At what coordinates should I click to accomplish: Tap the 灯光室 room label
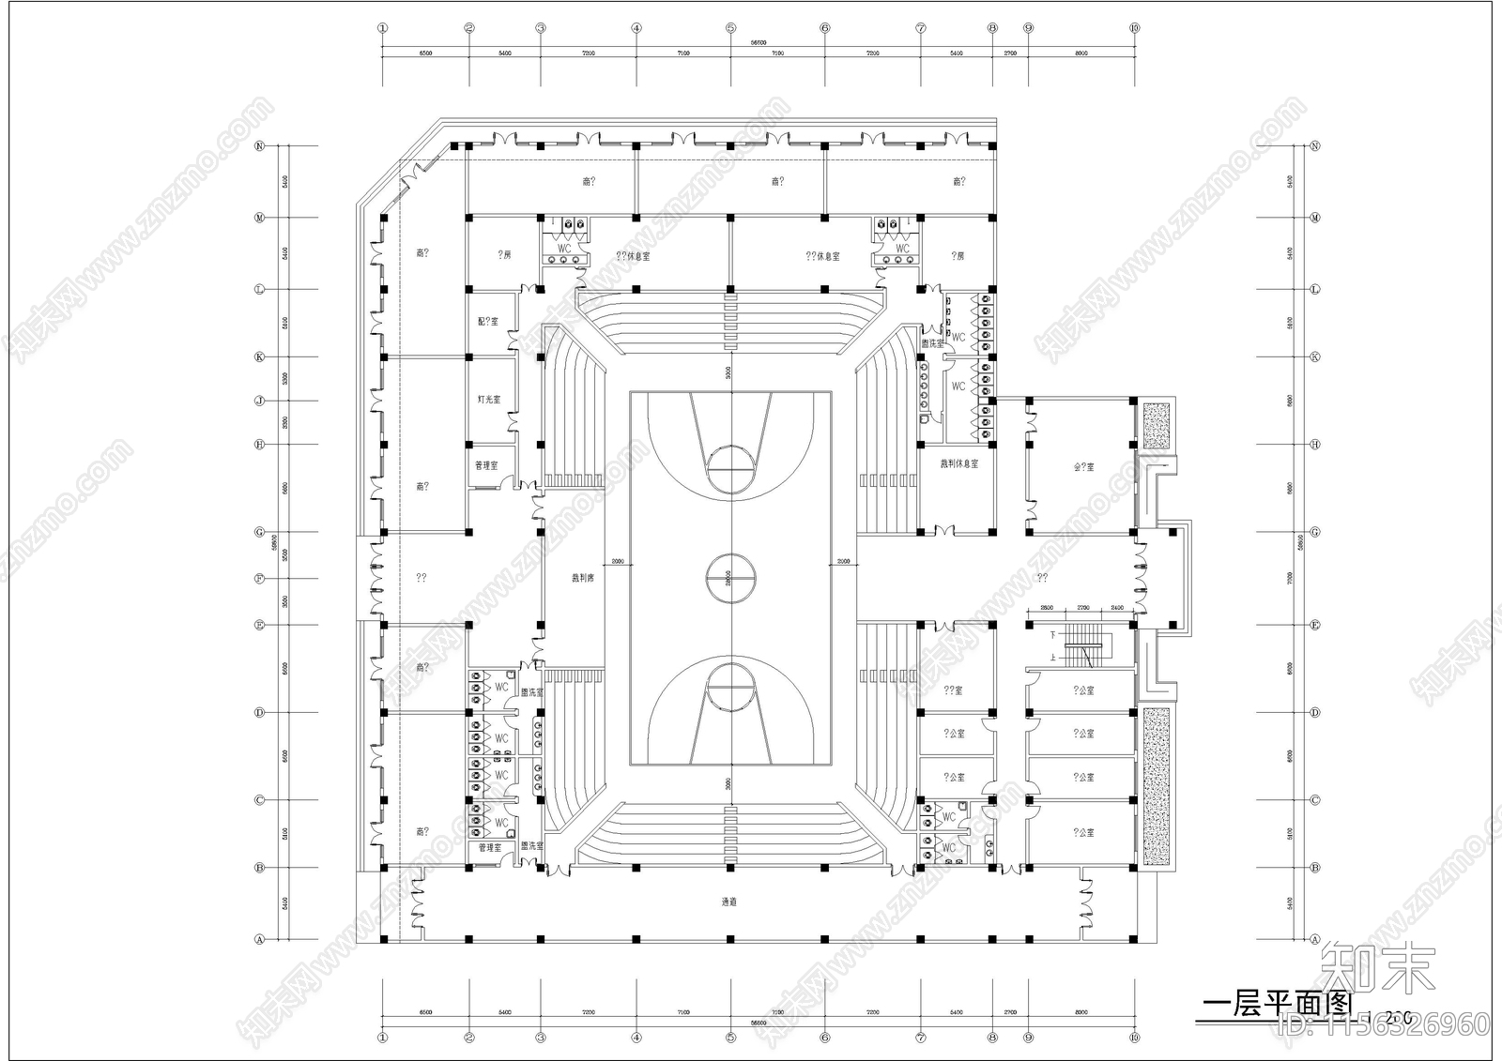[x=488, y=400]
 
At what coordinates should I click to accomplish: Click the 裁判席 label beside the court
[x=583, y=578]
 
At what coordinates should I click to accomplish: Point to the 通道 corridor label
[x=729, y=902]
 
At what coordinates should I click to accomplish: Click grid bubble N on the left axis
[x=260, y=145]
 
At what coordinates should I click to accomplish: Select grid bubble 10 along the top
[x=1135, y=28]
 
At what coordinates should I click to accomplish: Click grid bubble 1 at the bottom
[x=382, y=1038]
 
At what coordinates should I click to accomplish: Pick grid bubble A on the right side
[x=1315, y=939]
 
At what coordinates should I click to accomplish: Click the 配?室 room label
[x=488, y=322]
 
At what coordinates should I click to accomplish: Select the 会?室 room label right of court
[x=1083, y=466]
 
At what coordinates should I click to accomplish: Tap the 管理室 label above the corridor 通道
[x=489, y=847]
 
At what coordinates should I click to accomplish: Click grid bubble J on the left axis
[x=260, y=401]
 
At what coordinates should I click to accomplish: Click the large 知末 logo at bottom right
[x=1377, y=969]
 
